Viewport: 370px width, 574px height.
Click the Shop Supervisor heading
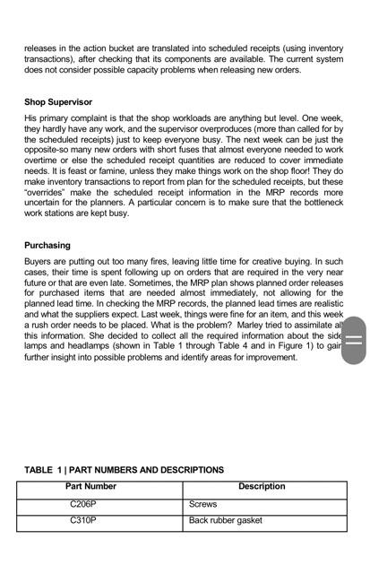coord(58,102)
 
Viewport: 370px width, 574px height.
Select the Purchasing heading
coord(47,245)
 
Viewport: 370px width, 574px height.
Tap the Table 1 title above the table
coord(124,470)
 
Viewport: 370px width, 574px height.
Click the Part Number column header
coord(91,487)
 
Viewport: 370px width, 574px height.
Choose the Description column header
coord(262,487)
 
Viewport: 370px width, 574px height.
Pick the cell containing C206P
coord(83,505)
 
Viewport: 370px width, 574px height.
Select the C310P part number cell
coord(83,520)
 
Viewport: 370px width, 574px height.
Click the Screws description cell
coord(203,505)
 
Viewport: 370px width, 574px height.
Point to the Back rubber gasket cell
coord(226,520)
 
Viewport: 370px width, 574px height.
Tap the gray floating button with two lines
coord(354,340)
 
